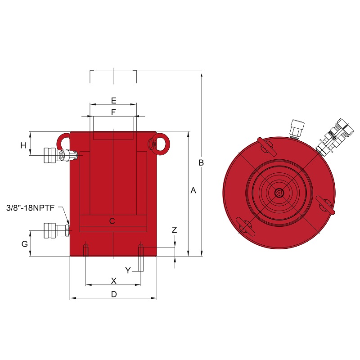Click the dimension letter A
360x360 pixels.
point(193,190)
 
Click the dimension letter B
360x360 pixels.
point(201,162)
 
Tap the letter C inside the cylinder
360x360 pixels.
point(112,221)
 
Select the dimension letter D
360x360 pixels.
point(114,294)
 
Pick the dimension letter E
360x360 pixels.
point(114,100)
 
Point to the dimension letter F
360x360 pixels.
point(113,112)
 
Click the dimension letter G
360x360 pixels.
point(25,244)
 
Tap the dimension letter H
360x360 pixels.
point(23,145)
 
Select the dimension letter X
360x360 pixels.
point(114,281)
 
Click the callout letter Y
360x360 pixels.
point(128,270)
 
